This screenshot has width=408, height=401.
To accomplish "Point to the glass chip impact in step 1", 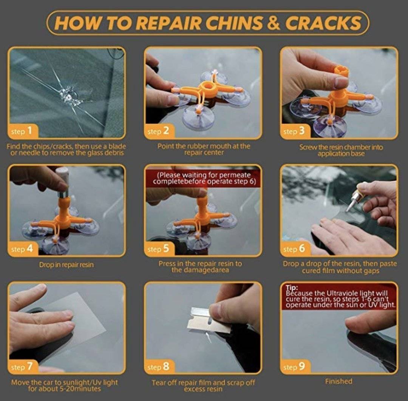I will point(70,94).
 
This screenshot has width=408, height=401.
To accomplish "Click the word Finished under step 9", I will point(338,381).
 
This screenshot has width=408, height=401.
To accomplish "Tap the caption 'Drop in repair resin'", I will point(66,265).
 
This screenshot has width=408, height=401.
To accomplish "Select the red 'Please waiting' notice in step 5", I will point(203,178).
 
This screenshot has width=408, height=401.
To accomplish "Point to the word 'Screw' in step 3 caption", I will point(309,147).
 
